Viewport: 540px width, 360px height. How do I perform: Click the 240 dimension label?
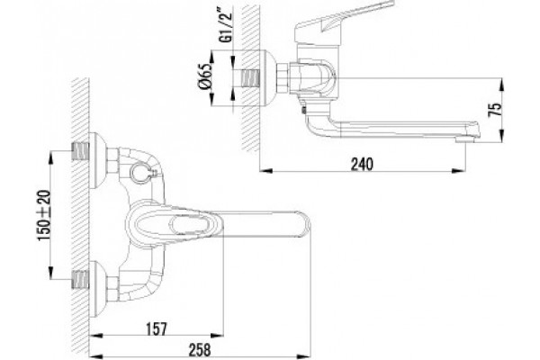point(362,164)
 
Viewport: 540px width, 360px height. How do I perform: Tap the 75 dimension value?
point(495,110)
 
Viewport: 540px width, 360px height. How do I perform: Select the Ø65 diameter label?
point(204,76)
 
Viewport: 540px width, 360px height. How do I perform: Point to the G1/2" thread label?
point(226,28)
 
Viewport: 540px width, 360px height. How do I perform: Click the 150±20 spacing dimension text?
point(44,216)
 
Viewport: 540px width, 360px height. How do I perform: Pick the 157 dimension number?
point(156,329)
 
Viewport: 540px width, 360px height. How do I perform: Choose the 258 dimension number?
point(200,350)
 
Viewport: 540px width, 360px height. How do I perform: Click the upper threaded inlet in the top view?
point(80,151)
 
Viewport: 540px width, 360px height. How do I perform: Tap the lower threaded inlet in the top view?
point(80,279)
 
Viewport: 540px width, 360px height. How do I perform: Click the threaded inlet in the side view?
point(251,79)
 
